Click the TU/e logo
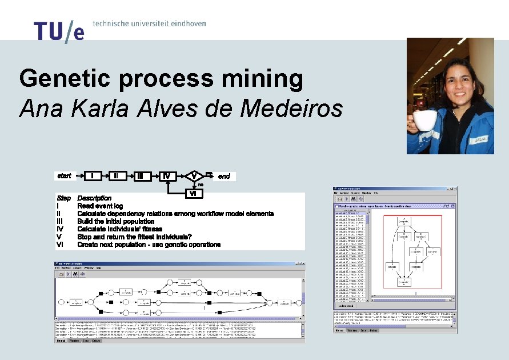(x=59, y=31)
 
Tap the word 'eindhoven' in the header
(x=185, y=23)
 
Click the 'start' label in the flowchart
(x=65, y=176)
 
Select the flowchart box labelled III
(x=140, y=176)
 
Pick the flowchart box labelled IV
(x=166, y=176)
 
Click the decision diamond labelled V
(x=194, y=175)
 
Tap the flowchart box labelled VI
(x=194, y=194)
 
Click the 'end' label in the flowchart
(x=224, y=176)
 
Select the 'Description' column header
(x=94, y=198)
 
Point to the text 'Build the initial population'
(x=116, y=221)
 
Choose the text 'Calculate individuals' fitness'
(x=119, y=229)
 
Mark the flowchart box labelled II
(x=116, y=176)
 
